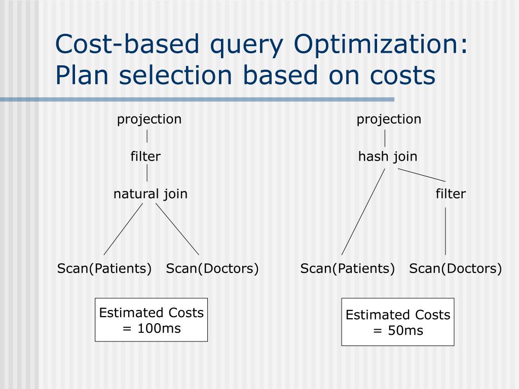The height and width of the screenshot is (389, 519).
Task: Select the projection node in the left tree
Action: (x=149, y=120)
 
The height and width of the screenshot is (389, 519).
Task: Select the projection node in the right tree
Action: (x=389, y=120)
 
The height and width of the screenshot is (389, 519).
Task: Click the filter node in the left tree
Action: (x=145, y=157)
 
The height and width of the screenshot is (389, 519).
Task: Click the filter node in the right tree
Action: (x=451, y=194)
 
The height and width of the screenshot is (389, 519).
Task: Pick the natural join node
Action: (x=150, y=194)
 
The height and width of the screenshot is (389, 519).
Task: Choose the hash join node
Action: (x=388, y=157)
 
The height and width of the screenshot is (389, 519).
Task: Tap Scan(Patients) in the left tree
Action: (x=104, y=268)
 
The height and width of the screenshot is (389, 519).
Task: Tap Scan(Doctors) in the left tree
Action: (x=212, y=268)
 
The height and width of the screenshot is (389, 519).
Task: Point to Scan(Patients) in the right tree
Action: (x=348, y=268)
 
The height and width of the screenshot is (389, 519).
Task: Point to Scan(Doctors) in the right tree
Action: (x=456, y=268)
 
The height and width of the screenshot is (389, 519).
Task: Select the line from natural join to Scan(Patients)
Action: (x=123, y=229)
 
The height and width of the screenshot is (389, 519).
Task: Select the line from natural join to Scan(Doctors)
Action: (x=177, y=229)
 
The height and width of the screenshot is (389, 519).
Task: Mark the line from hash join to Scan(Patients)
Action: (x=363, y=212)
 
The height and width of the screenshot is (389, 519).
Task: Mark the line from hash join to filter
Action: (x=422, y=175)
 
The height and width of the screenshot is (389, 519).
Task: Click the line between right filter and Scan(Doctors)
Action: (x=446, y=231)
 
